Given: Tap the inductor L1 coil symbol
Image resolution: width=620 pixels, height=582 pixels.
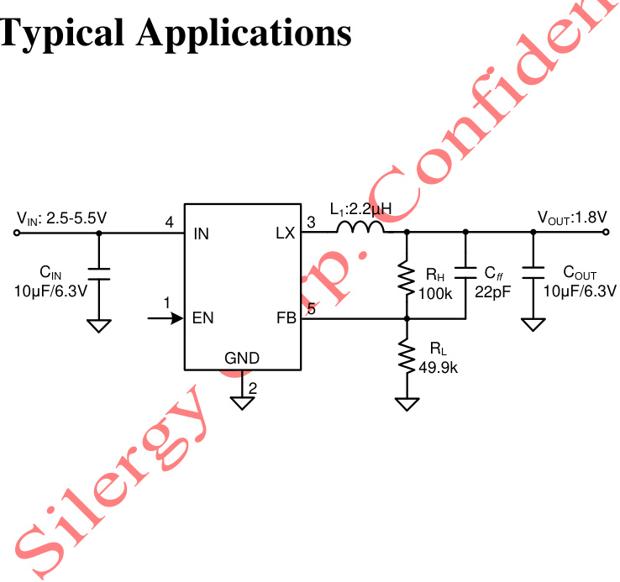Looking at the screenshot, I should click(x=361, y=228).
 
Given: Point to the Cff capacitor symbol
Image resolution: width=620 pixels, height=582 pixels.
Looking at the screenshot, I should click(x=465, y=274).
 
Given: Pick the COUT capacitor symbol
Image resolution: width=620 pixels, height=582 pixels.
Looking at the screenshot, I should click(x=532, y=274).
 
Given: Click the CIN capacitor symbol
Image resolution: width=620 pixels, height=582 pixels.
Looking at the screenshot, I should click(x=99, y=274).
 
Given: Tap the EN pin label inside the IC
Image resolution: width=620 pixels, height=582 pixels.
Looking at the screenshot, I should click(x=202, y=318).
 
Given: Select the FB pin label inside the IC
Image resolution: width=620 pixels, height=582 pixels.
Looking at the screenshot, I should click(x=286, y=318).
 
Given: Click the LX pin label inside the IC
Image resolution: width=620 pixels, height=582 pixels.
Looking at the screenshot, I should click(x=286, y=233).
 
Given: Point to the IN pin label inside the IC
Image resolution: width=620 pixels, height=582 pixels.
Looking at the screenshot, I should click(x=201, y=233).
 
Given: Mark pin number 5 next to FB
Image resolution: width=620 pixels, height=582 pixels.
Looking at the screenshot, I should click(x=311, y=309).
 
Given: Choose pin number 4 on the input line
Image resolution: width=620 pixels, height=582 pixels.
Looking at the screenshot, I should click(x=169, y=223).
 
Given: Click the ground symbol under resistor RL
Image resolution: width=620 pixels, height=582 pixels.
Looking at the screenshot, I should click(x=407, y=404).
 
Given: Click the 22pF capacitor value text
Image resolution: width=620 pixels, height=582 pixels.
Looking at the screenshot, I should click(x=491, y=291).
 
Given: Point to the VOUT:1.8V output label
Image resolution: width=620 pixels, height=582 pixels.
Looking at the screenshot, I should click(x=572, y=218).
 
